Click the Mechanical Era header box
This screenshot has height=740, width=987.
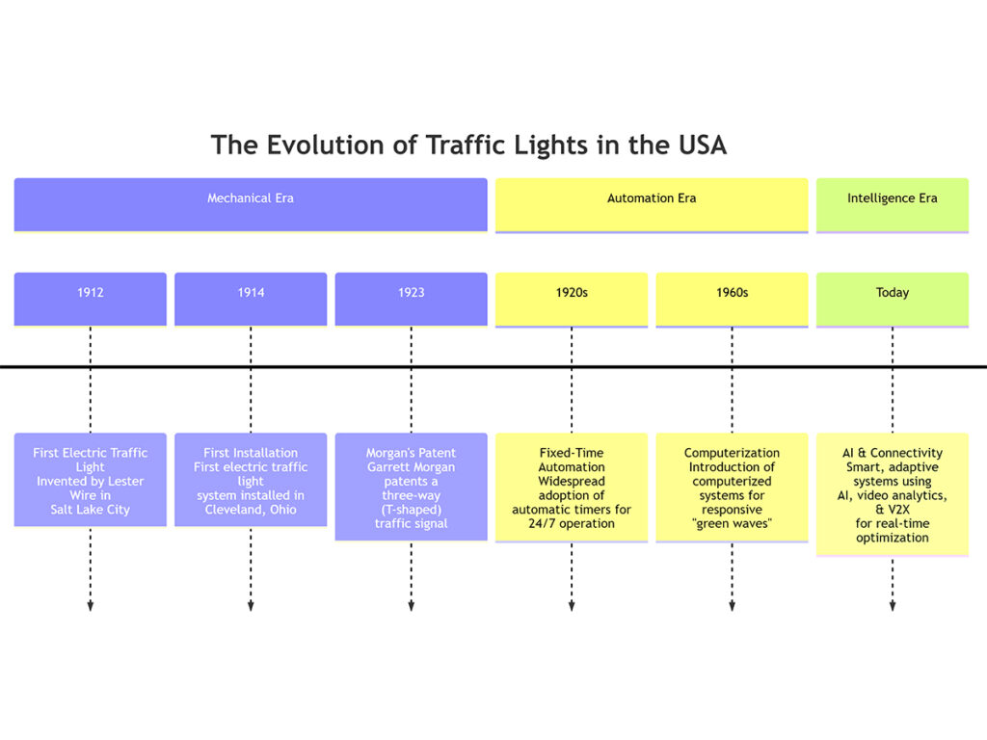pyautogui.click(x=251, y=203)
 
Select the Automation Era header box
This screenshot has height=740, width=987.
pyautogui.click(x=652, y=203)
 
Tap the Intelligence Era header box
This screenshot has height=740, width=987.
pyautogui.click(x=892, y=203)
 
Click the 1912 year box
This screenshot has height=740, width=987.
pyautogui.click(x=90, y=299)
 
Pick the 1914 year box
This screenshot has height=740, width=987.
pyautogui.click(x=251, y=299)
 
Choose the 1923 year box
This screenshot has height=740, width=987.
pyautogui.click(x=411, y=299)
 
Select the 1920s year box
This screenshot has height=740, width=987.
pyautogui.click(x=572, y=299)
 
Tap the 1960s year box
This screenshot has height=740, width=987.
pyautogui.click(x=732, y=299)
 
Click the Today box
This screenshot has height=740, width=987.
pyautogui.click(x=892, y=299)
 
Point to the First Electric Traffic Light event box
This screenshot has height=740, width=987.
pyautogui.click(x=90, y=480)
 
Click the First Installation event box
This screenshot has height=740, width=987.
pyautogui.click(x=251, y=480)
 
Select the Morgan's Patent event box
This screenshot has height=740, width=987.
pyautogui.click(x=411, y=487)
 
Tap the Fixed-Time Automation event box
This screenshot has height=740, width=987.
pyautogui.click(x=572, y=487)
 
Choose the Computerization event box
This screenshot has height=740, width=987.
pyautogui.click(x=732, y=487)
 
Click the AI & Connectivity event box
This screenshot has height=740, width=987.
pyautogui.click(x=892, y=493)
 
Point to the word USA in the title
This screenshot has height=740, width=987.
pyautogui.click(x=696, y=145)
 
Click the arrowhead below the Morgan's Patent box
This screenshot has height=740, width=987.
pyautogui.click(x=411, y=605)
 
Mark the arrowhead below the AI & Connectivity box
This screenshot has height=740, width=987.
pyautogui.click(x=892, y=605)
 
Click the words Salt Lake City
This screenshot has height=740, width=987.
pyautogui.click(x=90, y=510)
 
